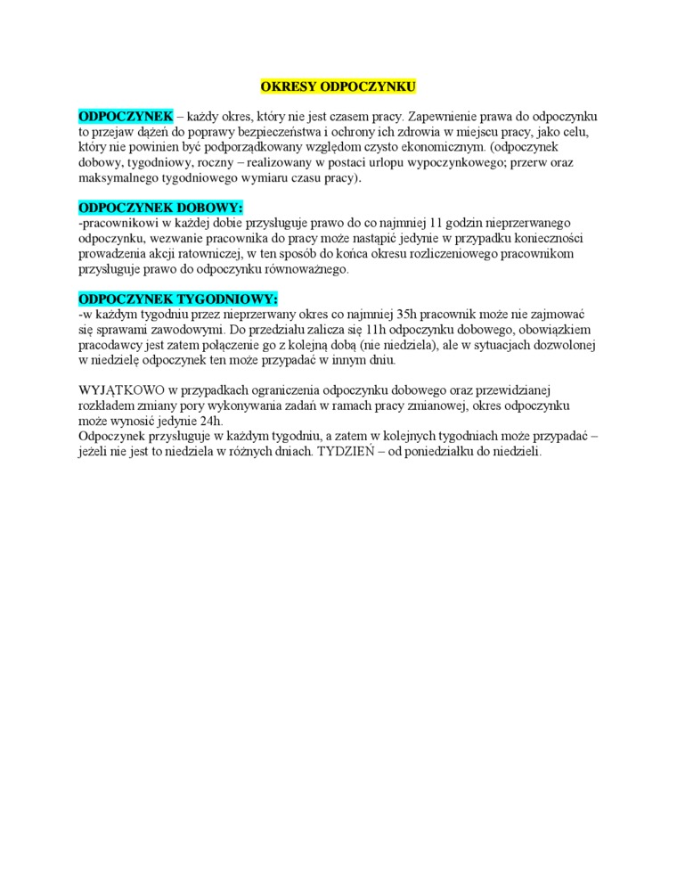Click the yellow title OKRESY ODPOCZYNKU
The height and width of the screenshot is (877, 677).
[338, 86]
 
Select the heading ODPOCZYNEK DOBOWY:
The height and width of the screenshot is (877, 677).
[160, 208]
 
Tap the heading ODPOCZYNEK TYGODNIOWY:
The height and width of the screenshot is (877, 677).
[178, 299]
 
